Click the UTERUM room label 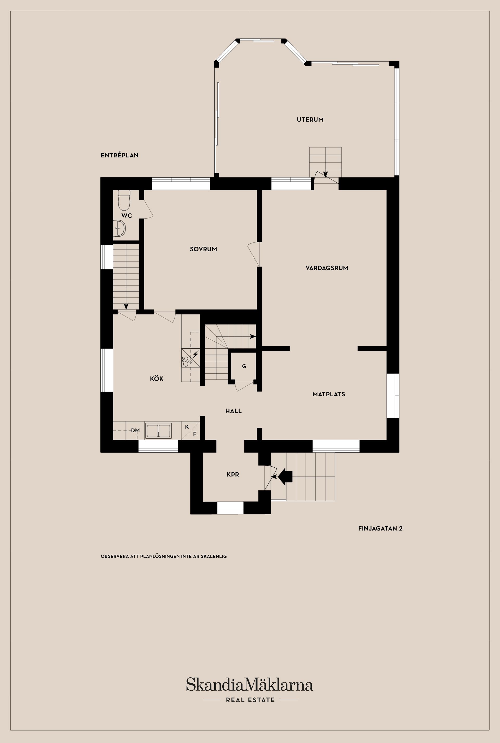(x=310, y=120)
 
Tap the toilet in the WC (x=124, y=200)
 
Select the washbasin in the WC (x=120, y=228)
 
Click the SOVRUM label (x=203, y=249)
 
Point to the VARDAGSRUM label (x=327, y=268)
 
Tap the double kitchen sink (x=159, y=431)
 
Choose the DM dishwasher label (x=135, y=431)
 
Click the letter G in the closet (x=244, y=366)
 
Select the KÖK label (x=157, y=379)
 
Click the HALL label (x=233, y=411)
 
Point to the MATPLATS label (x=329, y=394)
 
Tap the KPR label (x=233, y=475)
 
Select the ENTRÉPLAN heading (x=120, y=155)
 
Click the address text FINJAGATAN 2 (x=380, y=528)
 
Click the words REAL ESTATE (x=250, y=700)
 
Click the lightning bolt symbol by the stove (x=195, y=354)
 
